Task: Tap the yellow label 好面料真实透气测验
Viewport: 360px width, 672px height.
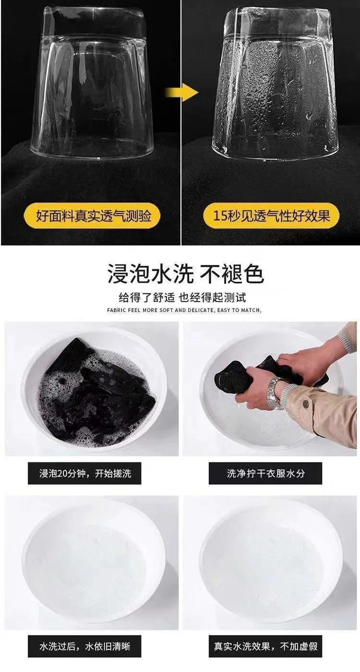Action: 94,216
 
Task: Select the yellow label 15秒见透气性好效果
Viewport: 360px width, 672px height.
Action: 272,216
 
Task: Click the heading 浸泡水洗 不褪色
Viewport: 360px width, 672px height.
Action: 185,274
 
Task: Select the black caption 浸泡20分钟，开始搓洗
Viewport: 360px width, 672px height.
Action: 85,474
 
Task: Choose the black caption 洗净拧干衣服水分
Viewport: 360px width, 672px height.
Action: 265,474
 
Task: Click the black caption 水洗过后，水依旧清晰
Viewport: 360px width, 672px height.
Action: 85,647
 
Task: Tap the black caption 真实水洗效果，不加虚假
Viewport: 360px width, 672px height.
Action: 265,647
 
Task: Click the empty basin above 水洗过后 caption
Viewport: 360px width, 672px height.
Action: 94,561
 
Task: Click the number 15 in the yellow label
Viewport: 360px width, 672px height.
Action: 220,216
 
